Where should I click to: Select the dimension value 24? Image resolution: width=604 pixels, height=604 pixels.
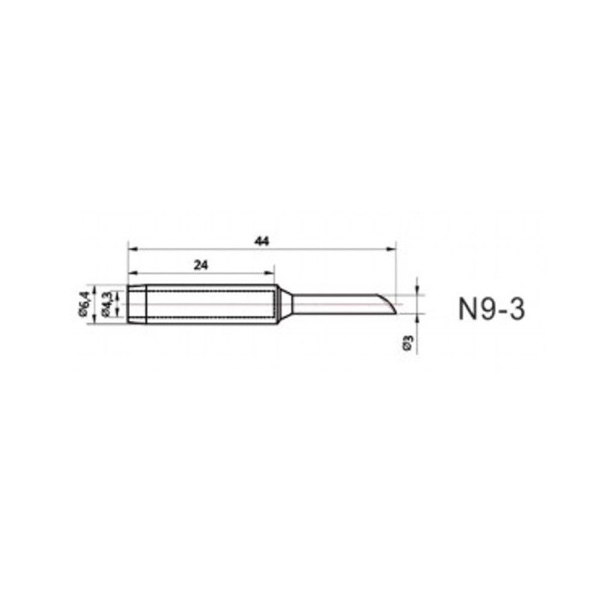[x=200, y=264]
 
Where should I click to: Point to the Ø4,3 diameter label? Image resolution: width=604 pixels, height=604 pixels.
[x=108, y=304]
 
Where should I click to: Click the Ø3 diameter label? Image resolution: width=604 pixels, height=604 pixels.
[x=408, y=342]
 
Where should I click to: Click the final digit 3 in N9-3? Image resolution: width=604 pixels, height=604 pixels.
[x=516, y=309]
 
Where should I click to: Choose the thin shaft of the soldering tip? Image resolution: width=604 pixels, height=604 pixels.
[x=332, y=304]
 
